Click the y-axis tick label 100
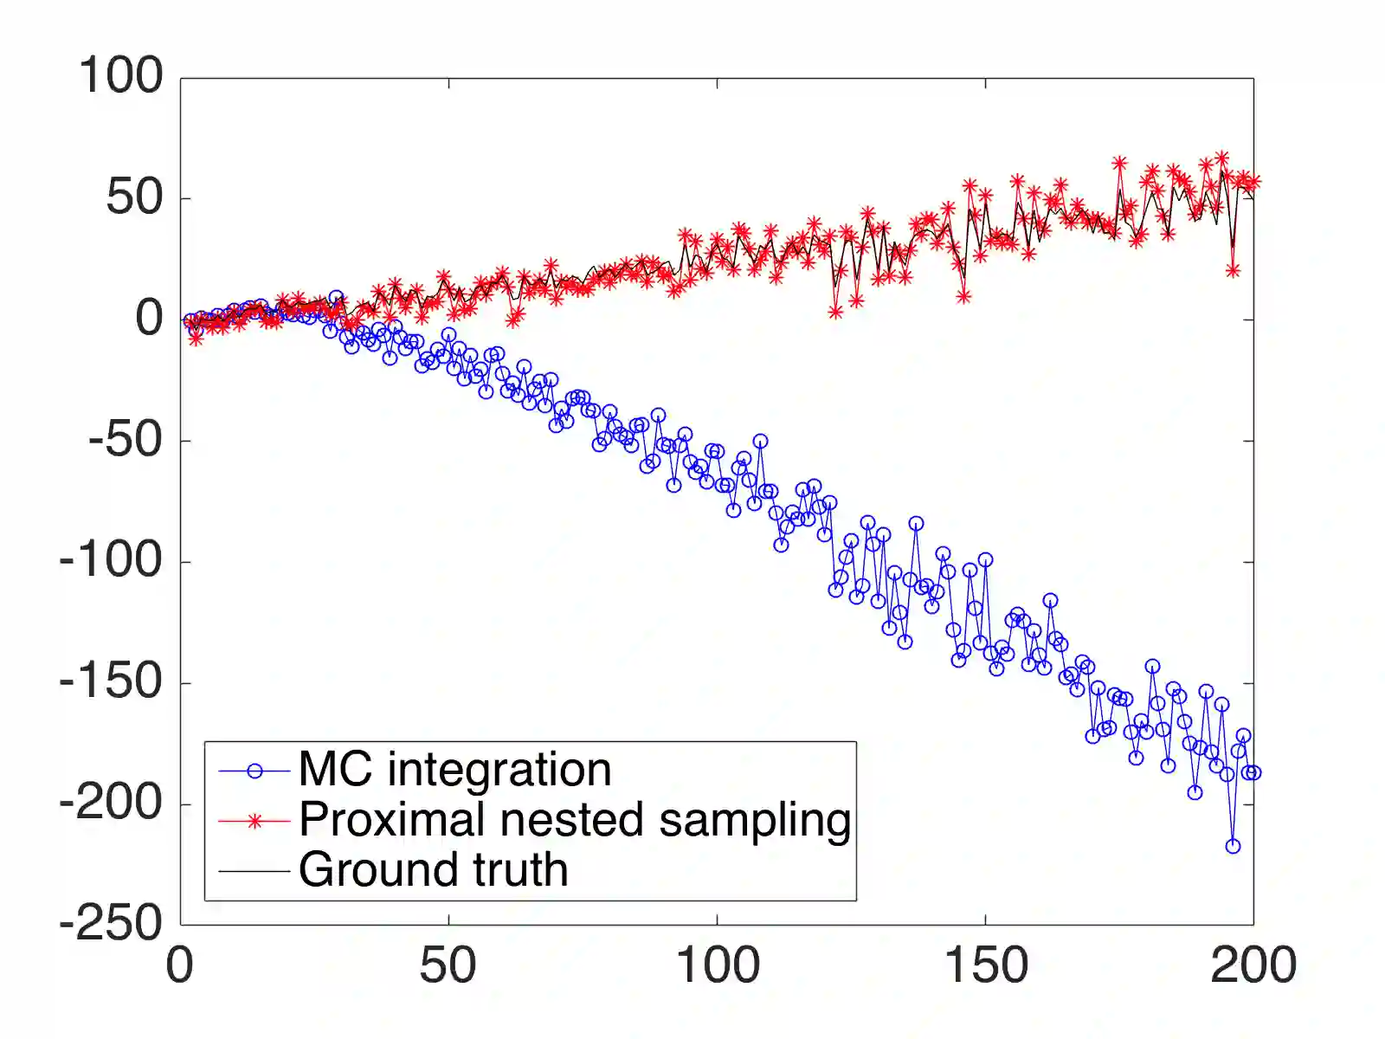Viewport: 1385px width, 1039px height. click(120, 76)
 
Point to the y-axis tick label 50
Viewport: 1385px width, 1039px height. click(134, 197)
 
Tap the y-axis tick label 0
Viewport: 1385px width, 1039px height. click(149, 319)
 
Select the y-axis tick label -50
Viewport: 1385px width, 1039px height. click(125, 440)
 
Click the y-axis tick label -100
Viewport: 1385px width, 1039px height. click(111, 561)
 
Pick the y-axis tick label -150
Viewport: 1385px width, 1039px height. click(111, 682)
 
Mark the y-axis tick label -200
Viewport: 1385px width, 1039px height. click(111, 803)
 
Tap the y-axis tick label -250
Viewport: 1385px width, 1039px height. click(111, 924)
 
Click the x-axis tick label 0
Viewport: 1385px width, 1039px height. click(180, 965)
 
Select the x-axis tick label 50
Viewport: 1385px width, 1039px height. click(448, 965)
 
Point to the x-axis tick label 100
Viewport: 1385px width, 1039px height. click(717, 965)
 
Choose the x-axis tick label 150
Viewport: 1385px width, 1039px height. click(985, 965)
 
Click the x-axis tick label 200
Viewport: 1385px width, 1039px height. click(1253, 965)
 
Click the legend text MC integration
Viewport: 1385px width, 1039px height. click(454, 770)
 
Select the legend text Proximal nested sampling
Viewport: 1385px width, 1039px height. click(575, 820)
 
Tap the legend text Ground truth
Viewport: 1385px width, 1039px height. click(433, 870)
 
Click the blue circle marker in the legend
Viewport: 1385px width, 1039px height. click(254, 771)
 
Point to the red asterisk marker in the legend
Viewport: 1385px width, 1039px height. click(254, 821)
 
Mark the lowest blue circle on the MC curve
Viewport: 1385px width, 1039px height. click(1233, 846)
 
